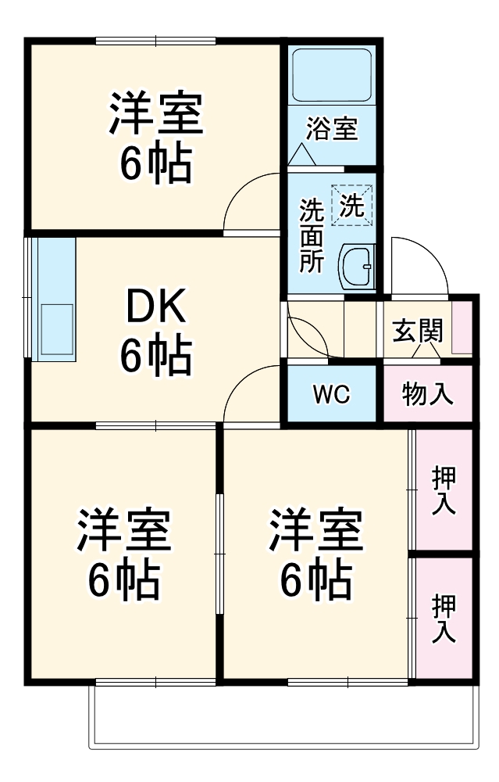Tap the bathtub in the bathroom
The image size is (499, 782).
[331, 75]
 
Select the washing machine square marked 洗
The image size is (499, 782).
[351, 206]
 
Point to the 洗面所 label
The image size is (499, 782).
[312, 235]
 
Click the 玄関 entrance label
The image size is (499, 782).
[417, 331]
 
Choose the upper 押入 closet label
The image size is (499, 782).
[444, 490]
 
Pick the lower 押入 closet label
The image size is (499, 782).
[444, 619]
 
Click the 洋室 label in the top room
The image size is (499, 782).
[155, 114]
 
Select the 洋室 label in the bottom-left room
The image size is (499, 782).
[123, 531]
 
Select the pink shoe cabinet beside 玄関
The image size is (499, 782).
[462, 325]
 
